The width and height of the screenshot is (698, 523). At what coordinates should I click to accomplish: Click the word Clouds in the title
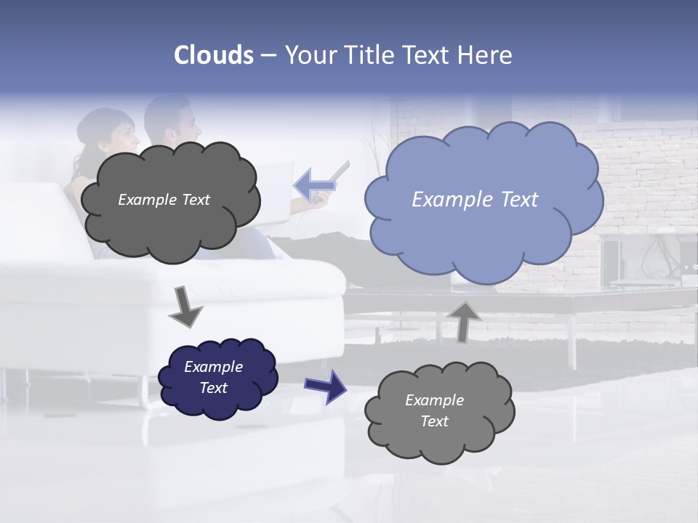coord(214,55)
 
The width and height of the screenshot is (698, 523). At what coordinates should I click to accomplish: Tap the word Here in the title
coord(486,55)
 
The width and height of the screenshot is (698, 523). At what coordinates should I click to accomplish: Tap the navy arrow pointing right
coord(325,386)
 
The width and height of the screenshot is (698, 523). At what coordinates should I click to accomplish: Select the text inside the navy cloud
coord(214,377)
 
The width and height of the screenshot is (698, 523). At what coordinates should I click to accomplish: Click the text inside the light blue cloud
coord(475,200)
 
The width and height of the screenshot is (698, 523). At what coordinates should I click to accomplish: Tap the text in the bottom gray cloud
coord(434,410)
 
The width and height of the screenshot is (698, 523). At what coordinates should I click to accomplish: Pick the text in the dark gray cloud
coord(164,200)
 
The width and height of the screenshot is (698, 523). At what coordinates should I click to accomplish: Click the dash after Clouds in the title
coord(268,55)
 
